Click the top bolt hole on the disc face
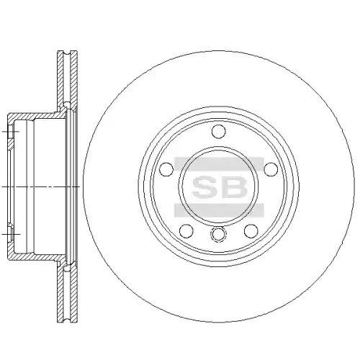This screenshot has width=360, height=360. point(219,131)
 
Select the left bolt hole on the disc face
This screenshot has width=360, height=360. point(166,169)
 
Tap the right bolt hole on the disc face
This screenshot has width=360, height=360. point(271,169)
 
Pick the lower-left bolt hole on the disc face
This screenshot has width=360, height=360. point(186,231)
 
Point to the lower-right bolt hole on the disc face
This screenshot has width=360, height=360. point(251,231)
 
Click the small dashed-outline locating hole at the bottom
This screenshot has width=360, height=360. point(218,235)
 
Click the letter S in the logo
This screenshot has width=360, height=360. point(204,186)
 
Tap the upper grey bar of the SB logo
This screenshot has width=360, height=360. point(219,163)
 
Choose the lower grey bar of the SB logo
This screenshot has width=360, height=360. point(219,210)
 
